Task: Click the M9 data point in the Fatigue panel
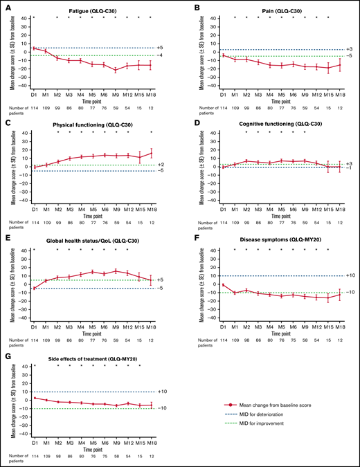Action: pos(116,71)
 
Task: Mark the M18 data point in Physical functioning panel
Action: pos(150,153)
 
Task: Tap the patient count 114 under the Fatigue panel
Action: pos(34,109)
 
